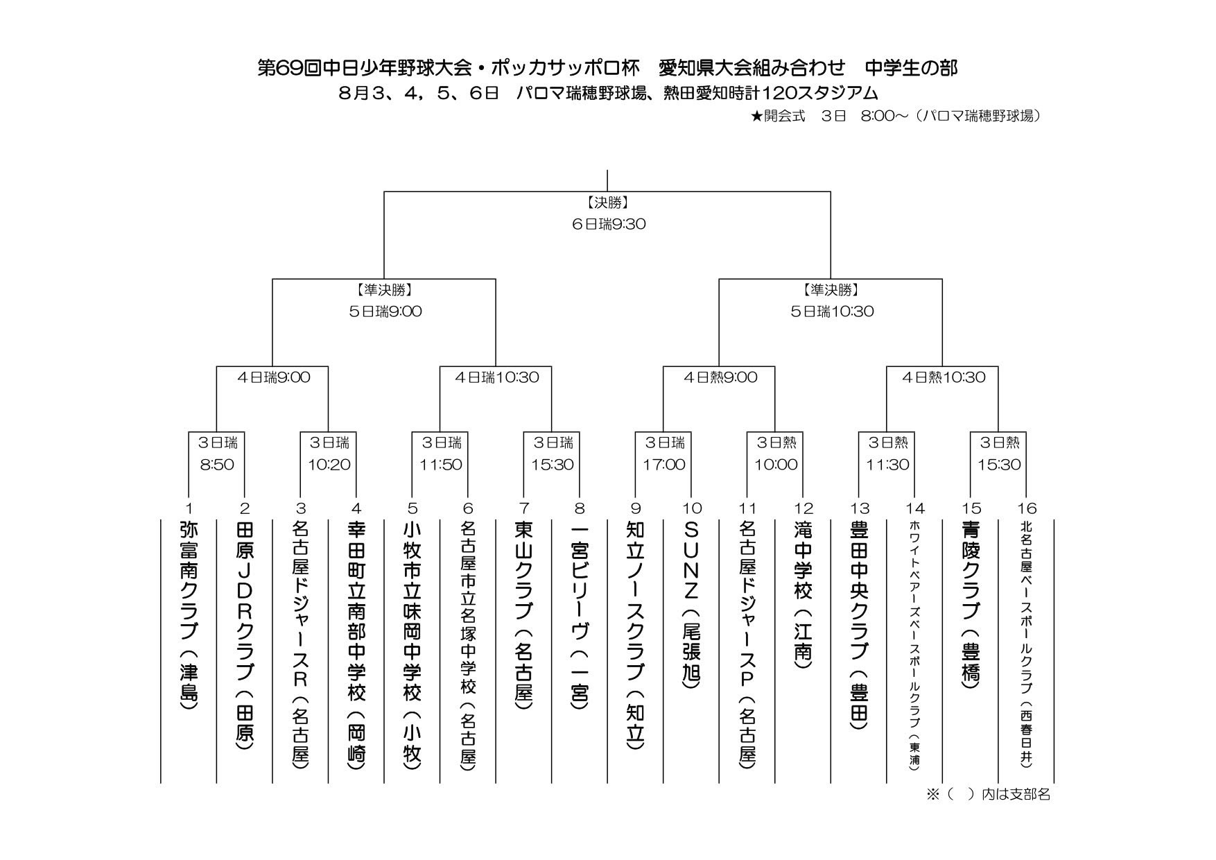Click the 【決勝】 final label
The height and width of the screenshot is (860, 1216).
(607, 203)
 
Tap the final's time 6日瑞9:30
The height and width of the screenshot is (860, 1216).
(607, 224)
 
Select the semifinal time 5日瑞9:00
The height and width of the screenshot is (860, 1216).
(385, 311)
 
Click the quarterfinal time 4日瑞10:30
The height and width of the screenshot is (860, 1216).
(496, 377)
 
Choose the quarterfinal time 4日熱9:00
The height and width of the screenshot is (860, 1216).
(720, 377)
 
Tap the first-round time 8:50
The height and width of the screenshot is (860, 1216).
(217, 465)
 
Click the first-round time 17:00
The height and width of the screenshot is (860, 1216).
(664, 465)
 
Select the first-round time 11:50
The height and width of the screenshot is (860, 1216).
(440, 465)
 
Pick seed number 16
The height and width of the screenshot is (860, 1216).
(1027, 508)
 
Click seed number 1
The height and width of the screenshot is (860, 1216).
(189, 508)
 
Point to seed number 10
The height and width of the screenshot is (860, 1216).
(692, 508)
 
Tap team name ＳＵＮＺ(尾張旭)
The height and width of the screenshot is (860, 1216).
(691, 604)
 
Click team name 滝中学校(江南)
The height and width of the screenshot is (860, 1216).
(804, 594)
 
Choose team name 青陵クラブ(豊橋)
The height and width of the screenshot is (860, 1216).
(971, 605)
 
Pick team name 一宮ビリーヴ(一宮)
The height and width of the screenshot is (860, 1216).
(580, 616)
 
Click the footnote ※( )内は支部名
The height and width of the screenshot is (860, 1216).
(989, 794)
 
